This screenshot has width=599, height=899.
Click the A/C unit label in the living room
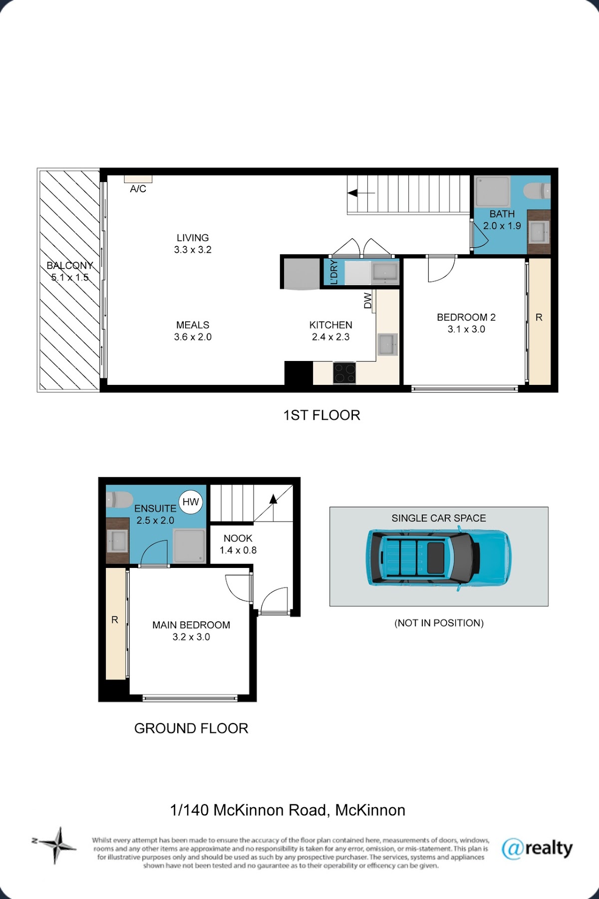tap(138, 189)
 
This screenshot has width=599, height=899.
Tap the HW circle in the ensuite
tap(191, 502)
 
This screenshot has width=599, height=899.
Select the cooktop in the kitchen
tap(344, 373)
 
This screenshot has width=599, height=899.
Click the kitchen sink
tap(387, 344)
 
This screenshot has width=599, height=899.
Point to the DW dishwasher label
tap(368, 300)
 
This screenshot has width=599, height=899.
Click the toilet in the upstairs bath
tap(537, 190)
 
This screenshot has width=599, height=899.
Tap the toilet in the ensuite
tap(119, 500)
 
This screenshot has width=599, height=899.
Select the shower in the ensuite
tap(189, 546)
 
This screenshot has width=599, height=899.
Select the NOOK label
tap(238, 539)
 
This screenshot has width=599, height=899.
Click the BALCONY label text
tap(70, 266)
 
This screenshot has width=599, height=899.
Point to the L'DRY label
tap(334, 272)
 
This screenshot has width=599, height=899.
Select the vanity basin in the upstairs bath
tap(539, 232)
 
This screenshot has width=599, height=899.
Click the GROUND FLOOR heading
tap(191, 728)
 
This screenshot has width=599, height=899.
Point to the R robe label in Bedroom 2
tap(539, 318)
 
